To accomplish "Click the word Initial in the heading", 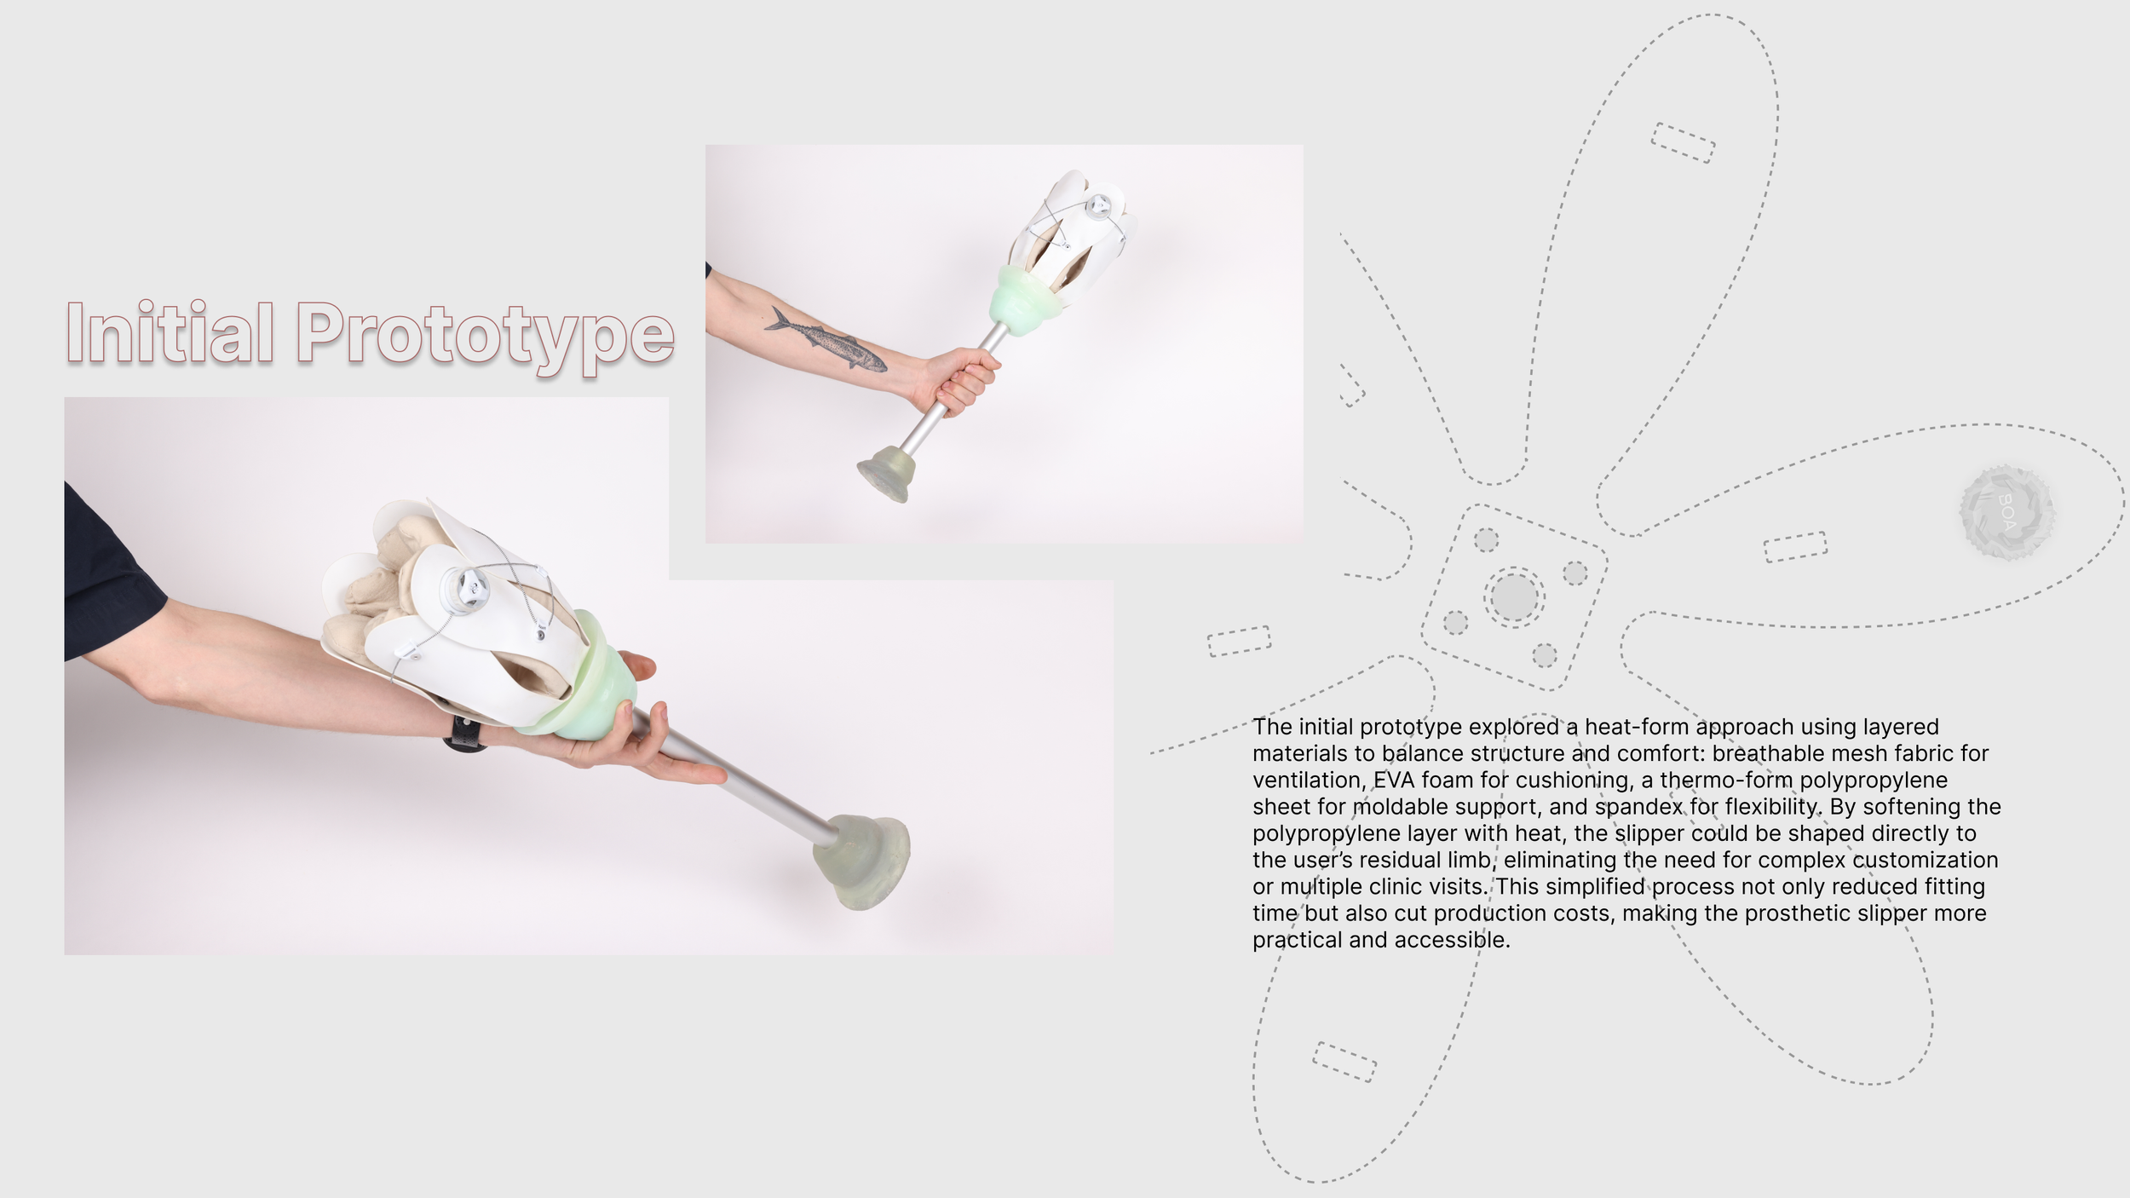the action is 170,332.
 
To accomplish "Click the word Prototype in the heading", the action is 486,337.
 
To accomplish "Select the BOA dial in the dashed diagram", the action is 2007,512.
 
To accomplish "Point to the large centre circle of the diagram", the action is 1514,596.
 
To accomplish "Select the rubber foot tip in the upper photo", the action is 887,473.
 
